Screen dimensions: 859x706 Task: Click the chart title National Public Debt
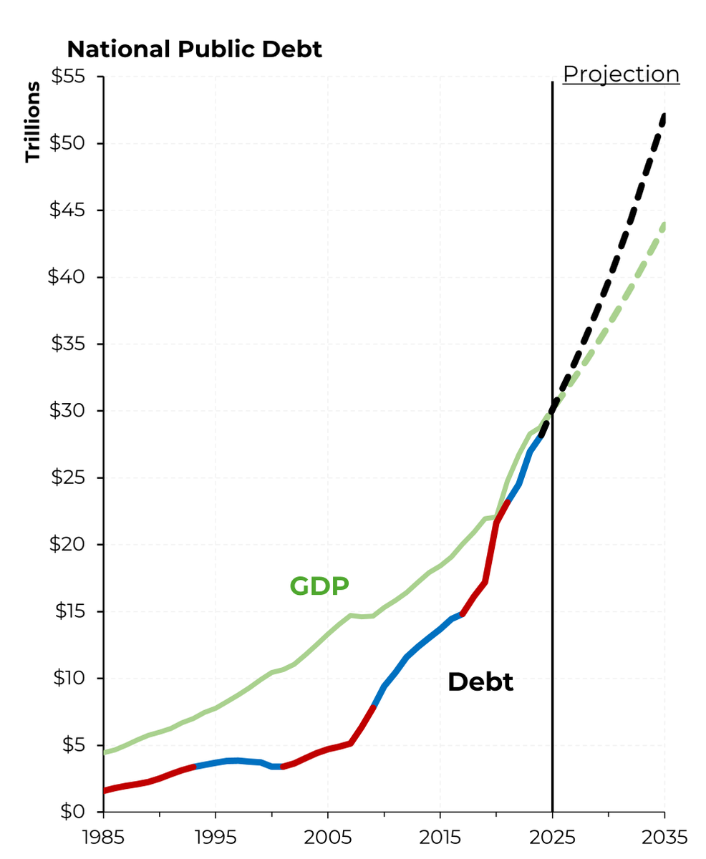[x=194, y=49]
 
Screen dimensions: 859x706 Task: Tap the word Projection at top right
[x=621, y=74]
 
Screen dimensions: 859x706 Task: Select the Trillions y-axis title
[x=33, y=122]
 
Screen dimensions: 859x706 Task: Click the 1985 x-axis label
[x=104, y=837]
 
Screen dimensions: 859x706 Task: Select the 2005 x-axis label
[x=328, y=837]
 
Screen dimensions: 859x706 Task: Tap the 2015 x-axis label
[x=440, y=837]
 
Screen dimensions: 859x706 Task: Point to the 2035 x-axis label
[x=664, y=837]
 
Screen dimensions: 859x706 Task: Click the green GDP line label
[x=319, y=586]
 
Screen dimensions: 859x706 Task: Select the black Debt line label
[x=480, y=682]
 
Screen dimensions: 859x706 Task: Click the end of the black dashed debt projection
[x=664, y=116]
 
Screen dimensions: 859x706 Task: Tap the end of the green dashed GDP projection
[x=664, y=225]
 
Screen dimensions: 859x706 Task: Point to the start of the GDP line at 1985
[x=105, y=752]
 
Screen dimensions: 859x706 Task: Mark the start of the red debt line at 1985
[x=105, y=790]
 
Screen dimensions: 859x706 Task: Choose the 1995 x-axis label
[x=216, y=837]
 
